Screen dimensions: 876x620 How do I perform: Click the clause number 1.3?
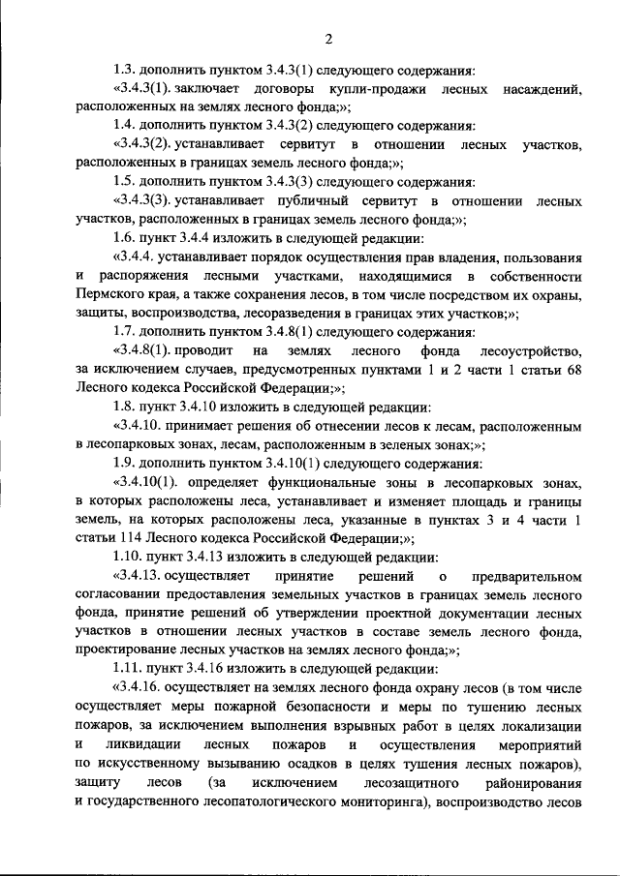pos(124,71)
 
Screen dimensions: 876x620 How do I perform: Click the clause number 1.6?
pos(124,238)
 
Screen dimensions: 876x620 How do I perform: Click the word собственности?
pos(530,276)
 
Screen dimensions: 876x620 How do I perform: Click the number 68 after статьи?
pos(573,369)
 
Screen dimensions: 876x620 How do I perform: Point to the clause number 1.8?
pos(124,407)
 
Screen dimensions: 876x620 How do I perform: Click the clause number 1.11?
pos(128,669)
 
